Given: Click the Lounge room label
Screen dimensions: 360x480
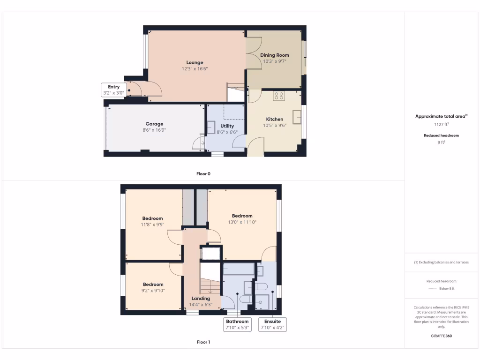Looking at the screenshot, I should [195, 62].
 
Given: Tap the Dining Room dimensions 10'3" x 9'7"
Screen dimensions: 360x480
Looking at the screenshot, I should [275, 61].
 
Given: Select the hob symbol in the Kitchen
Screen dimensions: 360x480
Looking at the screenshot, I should [279, 96].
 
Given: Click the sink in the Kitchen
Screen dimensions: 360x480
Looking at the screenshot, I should [297, 117].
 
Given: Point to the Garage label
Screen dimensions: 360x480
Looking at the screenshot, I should [154, 124].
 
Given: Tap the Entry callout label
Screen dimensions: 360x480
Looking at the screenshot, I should [114, 87].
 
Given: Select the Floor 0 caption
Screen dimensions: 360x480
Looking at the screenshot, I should [203, 174].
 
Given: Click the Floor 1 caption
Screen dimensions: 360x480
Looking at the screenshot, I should [203, 342].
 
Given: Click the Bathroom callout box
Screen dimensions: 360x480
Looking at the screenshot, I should [237, 324].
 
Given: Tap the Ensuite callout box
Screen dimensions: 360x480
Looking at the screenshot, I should [273, 324].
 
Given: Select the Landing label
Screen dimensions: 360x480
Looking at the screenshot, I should [201, 298].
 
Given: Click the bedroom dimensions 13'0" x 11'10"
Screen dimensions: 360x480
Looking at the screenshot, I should [242, 222].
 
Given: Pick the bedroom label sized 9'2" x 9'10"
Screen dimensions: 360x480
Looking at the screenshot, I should [153, 284].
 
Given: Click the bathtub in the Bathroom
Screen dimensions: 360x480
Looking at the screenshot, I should [239, 269].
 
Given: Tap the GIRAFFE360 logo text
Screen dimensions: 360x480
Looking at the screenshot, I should [442, 336].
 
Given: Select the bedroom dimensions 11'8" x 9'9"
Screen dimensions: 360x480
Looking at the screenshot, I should [153, 225].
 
